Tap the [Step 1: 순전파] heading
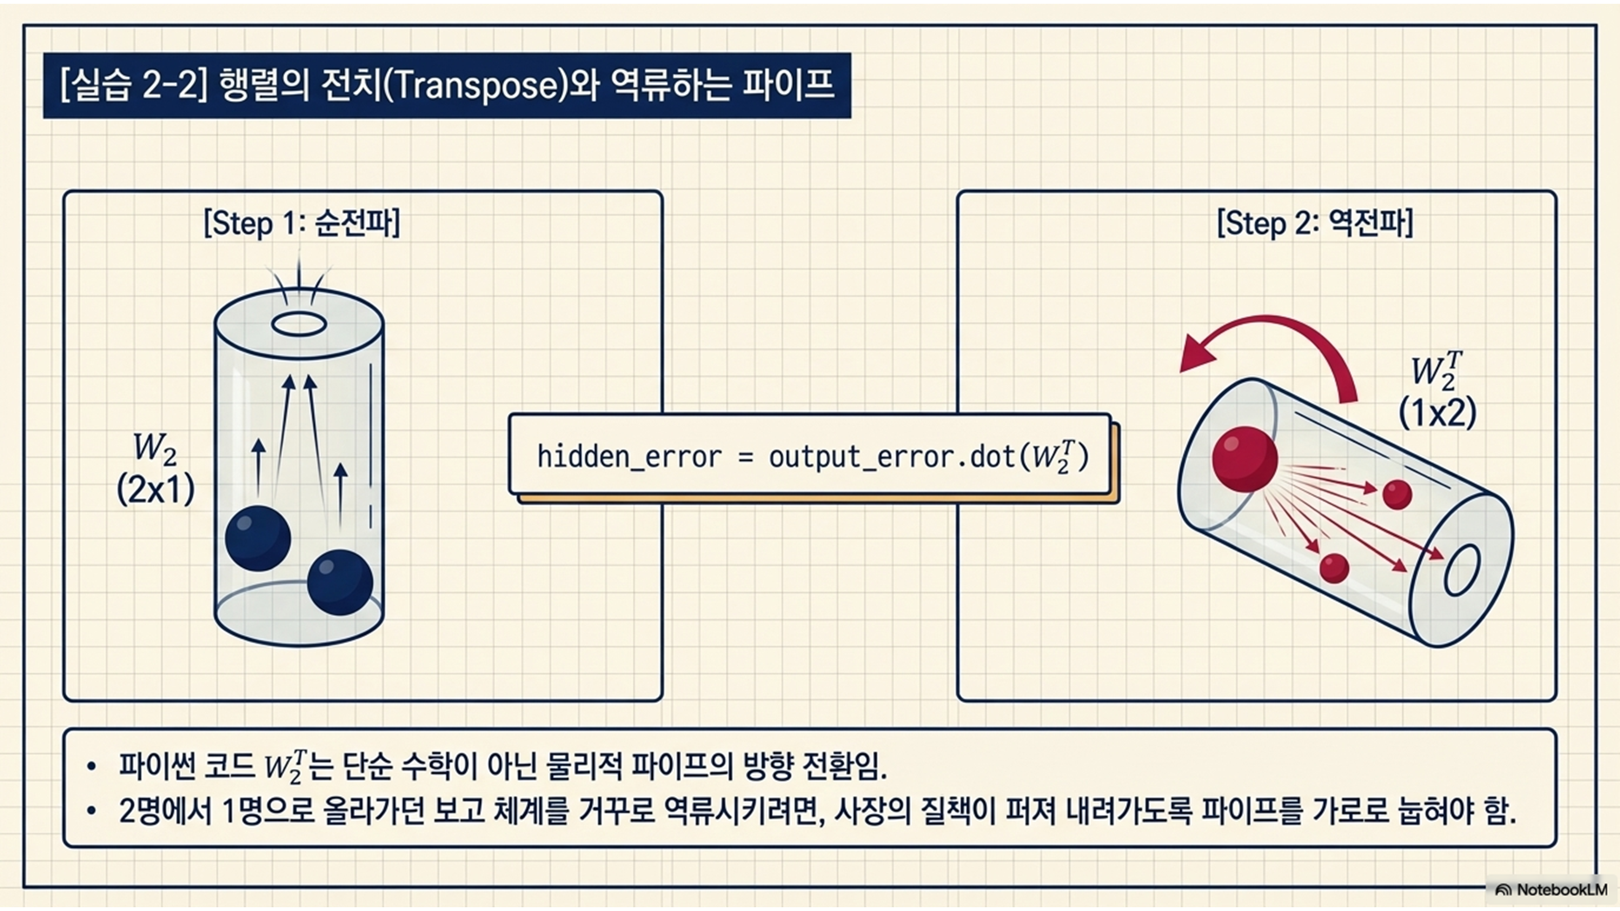click(x=302, y=223)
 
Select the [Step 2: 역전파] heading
click(x=1315, y=223)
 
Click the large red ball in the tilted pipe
click(x=1245, y=458)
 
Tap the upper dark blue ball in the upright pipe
click(x=258, y=538)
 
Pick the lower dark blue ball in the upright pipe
click(x=340, y=582)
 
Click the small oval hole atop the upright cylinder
click(x=299, y=324)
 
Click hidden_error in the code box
click(x=629, y=457)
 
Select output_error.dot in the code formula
click(x=889, y=457)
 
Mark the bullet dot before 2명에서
click(x=92, y=811)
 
